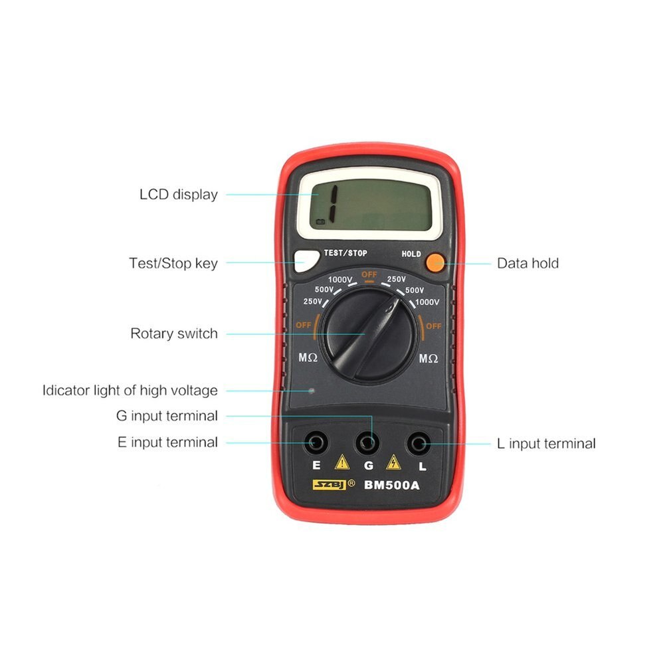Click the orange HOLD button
pyautogui.click(x=434, y=262)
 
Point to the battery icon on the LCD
pyautogui.click(x=321, y=222)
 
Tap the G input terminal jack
pyautogui.click(x=367, y=441)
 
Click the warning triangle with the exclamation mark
pyautogui.click(x=341, y=462)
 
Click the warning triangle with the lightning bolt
pyautogui.click(x=393, y=462)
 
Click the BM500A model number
pyautogui.click(x=392, y=484)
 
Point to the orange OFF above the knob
pyautogui.click(x=369, y=274)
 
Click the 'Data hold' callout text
pyautogui.click(x=527, y=263)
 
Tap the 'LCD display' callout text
pyautogui.click(x=178, y=195)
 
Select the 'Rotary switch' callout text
pyautogui.click(x=173, y=334)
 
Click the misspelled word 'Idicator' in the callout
pyautogui.click(x=66, y=390)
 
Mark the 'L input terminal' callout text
pyautogui.click(x=545, y=443)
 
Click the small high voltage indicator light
pyautogui.click(x=312, y=390)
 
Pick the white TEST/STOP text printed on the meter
pyautogui.click(x=345, y=253)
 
